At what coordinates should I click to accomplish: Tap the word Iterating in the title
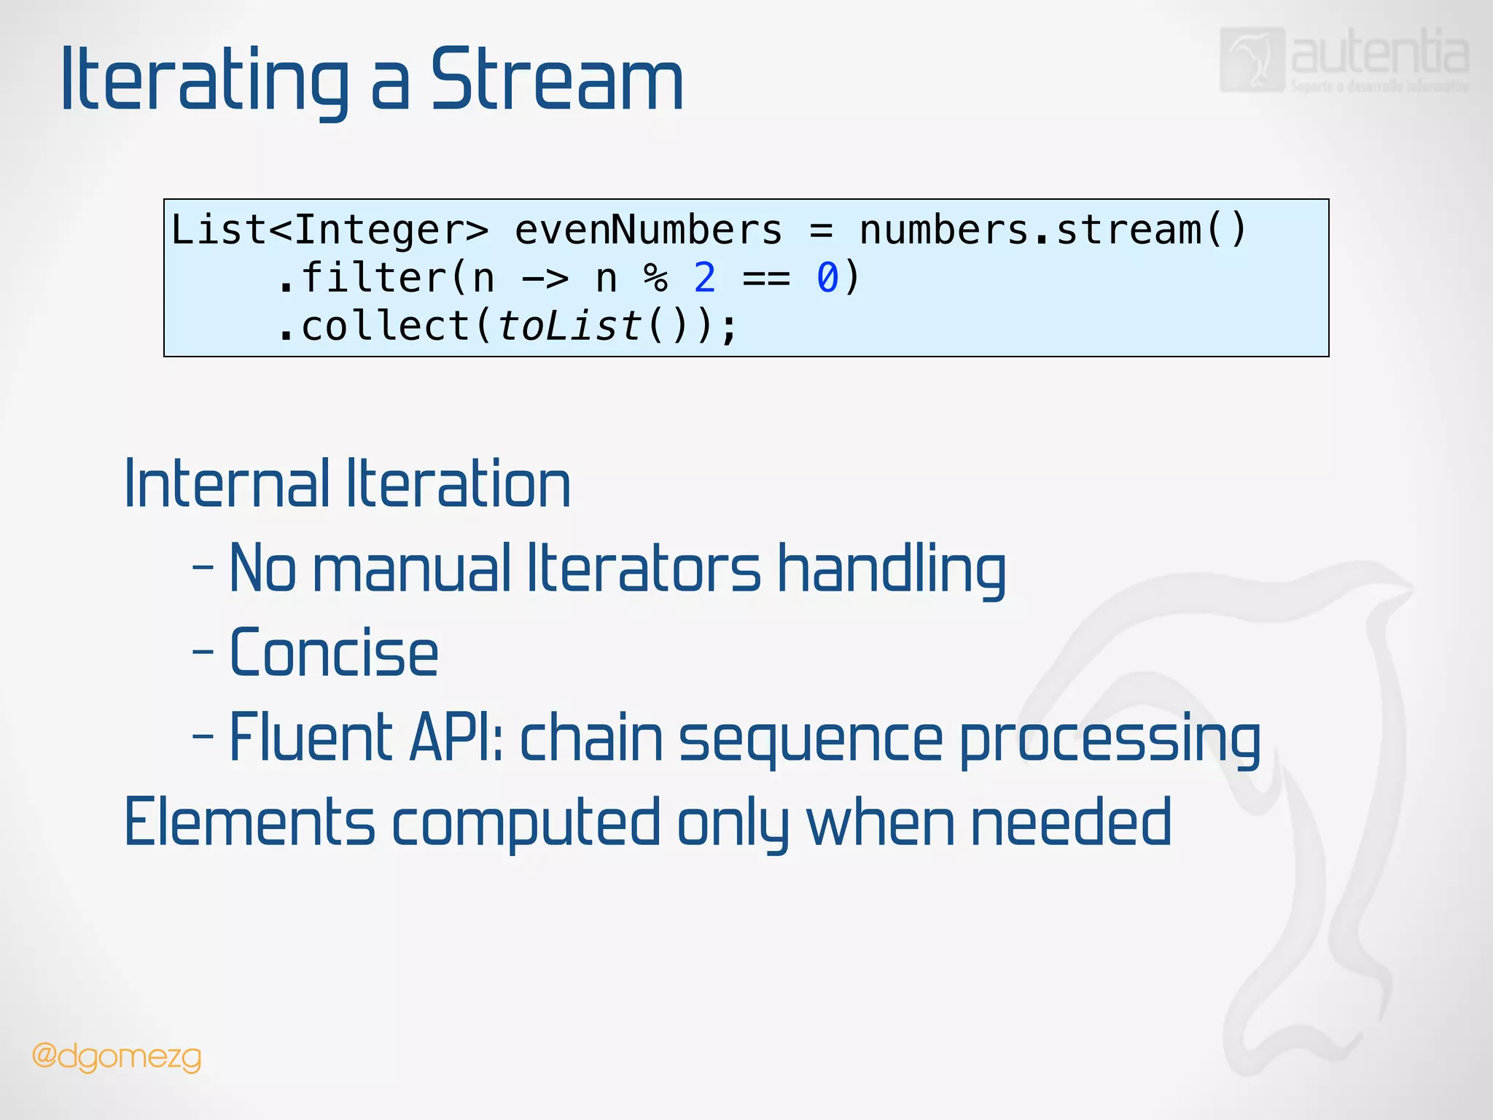pyautogui.click(x=205, y=80)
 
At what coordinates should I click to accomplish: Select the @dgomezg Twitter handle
pyautogui.click(x=117, y=1057)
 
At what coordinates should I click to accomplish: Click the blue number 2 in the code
pyautogui.click(x=704, y=278)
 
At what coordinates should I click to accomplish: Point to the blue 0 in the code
pyautogui.click(x=827, y=278)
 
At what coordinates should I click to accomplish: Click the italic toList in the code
pyautogui.click(x=569, y=326)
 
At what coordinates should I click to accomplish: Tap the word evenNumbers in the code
pyautogui.click(x=648, y=230)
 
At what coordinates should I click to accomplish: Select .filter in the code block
pyautogui.click(x=361, y=278)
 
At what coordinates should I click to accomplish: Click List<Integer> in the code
pyautogui.click(x=330, y=230)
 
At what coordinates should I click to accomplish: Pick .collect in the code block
pyautogui.click(x=373, y=326)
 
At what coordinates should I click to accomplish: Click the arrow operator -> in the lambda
pyautogui.click(x=545, y=279)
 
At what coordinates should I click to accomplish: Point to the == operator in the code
pyautogui.click(x=765, y=279)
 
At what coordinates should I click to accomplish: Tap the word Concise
pyautogui.click(x=334, y=653)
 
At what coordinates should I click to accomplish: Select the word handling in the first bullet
pyautogui.click(x=891, y=569)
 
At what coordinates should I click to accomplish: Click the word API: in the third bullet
pyautogui.click(x=456, y=738)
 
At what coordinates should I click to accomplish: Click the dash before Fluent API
pyautogui.click(x=203, y=737)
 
